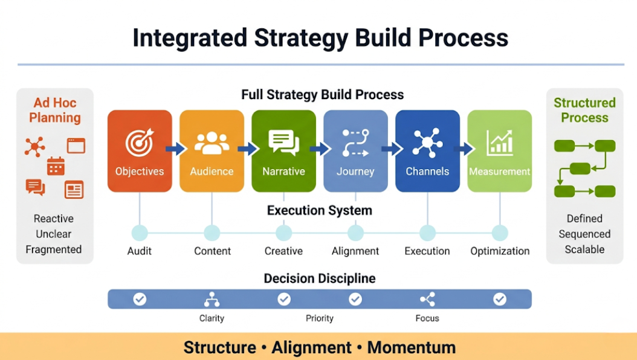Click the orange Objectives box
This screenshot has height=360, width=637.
(x=140, y=151)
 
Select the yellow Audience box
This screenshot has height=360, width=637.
(x=212, y=151)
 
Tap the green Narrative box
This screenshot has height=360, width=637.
(x=283, y=151)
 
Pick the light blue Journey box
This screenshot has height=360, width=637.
(x=355, y=151)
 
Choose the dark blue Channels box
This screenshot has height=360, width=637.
(x=427, y=151)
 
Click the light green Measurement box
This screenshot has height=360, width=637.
(x=499, y=151)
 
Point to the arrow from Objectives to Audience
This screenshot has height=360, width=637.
(x=176, y=149)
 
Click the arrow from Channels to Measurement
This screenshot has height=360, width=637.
(x=464, y=149)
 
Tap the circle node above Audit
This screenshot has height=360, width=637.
(x=140, y=233)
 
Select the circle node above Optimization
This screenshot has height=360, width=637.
(x=500, y=233)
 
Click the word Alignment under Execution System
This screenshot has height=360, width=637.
(x=355, y=251)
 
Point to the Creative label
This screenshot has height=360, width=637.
(x=283, y=251)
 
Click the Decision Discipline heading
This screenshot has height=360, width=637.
(x=320, y=278)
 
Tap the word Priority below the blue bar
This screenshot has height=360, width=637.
(x=320, y=318)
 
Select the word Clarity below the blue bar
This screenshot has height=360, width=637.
(x=212, y=318)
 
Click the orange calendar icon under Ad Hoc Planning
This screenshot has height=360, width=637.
(x=56, y=166)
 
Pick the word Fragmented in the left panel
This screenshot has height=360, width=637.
(x=54, y=249)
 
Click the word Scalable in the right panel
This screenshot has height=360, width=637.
(x=584, y=249)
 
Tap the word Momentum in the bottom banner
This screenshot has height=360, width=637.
(x=412, y=348)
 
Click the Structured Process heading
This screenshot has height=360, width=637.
(x=584, y=110)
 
